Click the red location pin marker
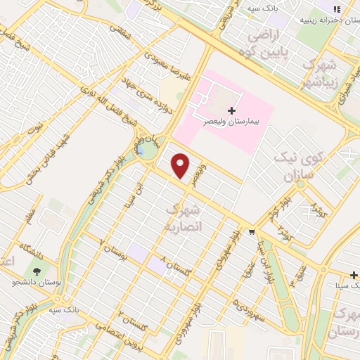click(181, 166)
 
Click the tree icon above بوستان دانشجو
click(36, 271)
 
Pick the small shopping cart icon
click(252, 231)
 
